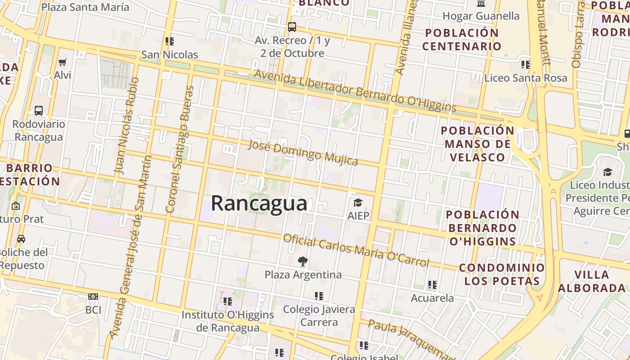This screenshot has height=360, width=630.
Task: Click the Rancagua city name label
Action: coord(259,203)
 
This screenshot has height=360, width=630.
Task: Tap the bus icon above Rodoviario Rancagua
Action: coord(39,110)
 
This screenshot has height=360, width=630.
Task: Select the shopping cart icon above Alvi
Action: coord(62,62)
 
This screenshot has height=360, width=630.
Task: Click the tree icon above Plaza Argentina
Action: coord(303,261)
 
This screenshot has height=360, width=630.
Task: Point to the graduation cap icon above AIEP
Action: coord(358,202)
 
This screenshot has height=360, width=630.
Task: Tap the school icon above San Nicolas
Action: coord(170,41)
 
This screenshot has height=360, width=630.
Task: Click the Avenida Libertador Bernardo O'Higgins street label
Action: coord(355,90)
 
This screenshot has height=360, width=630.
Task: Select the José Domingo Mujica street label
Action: coord(303,153)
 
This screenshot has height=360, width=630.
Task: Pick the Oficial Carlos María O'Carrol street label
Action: coord(356,250)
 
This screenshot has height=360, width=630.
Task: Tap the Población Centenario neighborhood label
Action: coord(462,40)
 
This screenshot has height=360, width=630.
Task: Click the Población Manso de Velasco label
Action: coord(477,144)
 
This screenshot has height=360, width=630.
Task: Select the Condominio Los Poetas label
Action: coord(502,274)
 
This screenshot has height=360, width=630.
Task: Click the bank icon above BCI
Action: coord(93,297)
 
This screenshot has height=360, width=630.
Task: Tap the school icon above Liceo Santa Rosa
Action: coord(526,64)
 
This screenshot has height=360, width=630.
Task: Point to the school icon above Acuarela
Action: coord(432,284)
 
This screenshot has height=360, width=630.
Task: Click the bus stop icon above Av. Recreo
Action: coord(292,27)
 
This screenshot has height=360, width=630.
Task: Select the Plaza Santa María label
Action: coord(85,7)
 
